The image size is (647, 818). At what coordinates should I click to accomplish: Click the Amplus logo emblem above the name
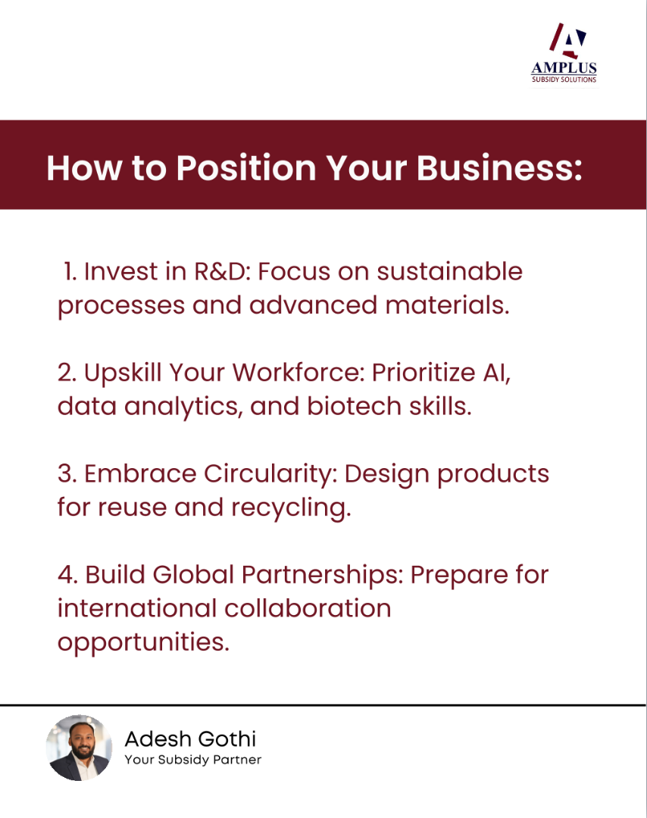(x=567, y=40)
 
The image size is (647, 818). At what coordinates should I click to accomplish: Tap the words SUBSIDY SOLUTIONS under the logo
(x=564, y=80)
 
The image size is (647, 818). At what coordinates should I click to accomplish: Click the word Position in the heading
(x=246, y=168)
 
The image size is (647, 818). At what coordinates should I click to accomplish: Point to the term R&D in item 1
(x=219, y=271)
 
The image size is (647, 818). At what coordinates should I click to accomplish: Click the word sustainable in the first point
(x=450, y=271)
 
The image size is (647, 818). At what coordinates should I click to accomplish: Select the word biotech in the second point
(x=354, y=406)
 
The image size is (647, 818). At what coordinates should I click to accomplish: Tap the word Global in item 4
(x=193, y=574)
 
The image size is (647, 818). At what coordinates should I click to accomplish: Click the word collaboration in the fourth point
(x=308, y=608)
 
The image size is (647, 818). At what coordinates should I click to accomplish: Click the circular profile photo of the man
(x=80, y=748)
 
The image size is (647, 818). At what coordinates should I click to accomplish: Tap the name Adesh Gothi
(x=190, y=738)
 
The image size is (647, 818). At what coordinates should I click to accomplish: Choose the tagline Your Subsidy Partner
(x=193, y=760)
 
